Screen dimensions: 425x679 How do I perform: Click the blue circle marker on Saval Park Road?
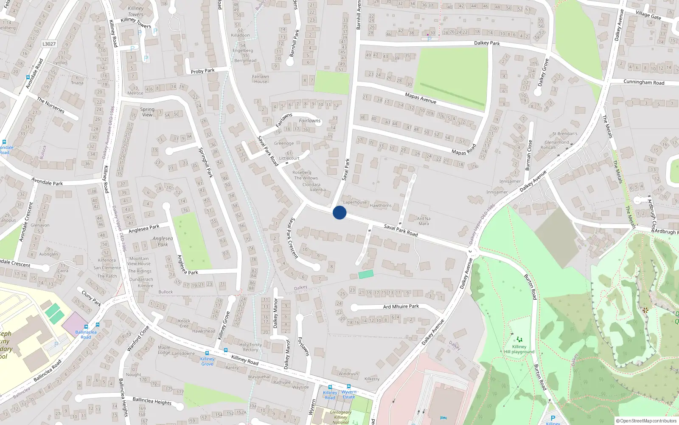[339, 212]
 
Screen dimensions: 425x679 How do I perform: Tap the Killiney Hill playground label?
[519, 349]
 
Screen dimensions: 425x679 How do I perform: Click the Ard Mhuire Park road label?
[401, 306]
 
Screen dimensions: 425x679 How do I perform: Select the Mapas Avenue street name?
[420, 98]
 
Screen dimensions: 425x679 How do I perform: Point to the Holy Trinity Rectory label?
[250, 347]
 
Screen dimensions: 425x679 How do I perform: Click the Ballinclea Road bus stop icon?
[86, 327]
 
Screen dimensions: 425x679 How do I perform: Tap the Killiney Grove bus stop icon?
[207, 353]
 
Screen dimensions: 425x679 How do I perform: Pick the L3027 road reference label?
[49, 44]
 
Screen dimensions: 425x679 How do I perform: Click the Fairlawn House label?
[261, 79]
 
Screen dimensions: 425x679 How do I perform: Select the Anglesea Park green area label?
[163, 241]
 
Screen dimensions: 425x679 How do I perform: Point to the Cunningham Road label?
[644, 82]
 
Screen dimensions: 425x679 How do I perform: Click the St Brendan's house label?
[564, 133]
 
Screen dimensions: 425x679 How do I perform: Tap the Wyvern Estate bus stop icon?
[349, 387]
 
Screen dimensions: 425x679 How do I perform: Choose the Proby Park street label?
[202, 71]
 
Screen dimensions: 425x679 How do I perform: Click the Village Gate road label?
[648, 15]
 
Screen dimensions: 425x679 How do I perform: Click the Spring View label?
[147, 112]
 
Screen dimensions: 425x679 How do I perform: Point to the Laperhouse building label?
[355, 202]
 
